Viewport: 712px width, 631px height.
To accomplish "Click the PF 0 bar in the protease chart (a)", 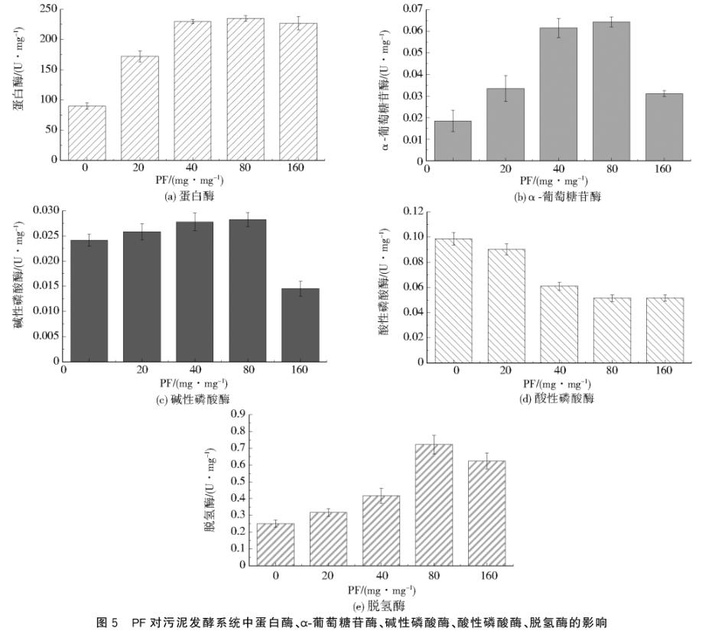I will (x=87, y=133).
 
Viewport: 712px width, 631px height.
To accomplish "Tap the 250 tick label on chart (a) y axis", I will (x=48, y=9).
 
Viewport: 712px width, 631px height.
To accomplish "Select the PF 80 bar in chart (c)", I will (x=247, y=290).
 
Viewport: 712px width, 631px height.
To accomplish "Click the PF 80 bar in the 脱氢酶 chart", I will (x=434, y=505).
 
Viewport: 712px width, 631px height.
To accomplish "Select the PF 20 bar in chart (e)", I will (x=327, y=538).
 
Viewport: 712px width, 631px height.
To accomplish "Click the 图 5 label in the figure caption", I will (x=107, y=622).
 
